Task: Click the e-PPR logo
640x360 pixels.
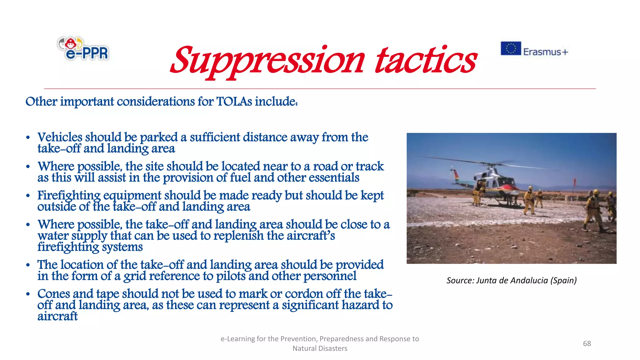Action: click(83, 48)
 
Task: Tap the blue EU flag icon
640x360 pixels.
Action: click(511, 48)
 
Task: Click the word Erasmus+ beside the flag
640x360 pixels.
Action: click(546, 52)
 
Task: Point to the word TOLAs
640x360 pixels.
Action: click(234, 102)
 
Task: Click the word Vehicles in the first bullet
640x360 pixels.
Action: click(59, 137)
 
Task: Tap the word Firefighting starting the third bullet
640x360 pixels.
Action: click(69, 196)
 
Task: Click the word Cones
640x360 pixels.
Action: click(53, 294)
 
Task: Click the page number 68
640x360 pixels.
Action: click(587, 343)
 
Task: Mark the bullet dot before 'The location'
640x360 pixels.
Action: click(28, 265)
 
